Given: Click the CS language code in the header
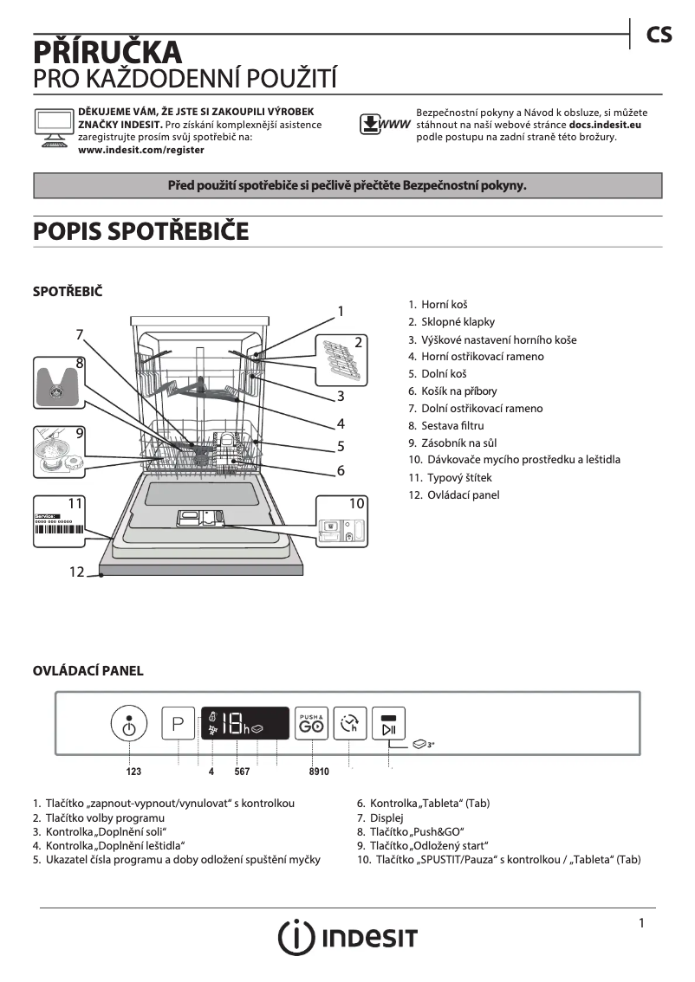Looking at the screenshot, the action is pos(659,34).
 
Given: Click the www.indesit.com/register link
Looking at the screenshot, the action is pos(141,150).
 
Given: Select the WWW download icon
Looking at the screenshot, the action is pos(385,125).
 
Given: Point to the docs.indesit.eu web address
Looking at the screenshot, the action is pos(605,125).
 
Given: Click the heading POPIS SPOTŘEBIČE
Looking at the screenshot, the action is pos(140,232).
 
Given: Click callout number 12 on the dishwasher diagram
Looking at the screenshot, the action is pos(77,572).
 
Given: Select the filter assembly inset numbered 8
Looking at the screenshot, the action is pos(58,385).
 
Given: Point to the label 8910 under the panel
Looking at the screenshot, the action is pos(319,771).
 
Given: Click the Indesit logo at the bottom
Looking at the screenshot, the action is pos(347,937).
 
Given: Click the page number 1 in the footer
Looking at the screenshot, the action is pos(641,923).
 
